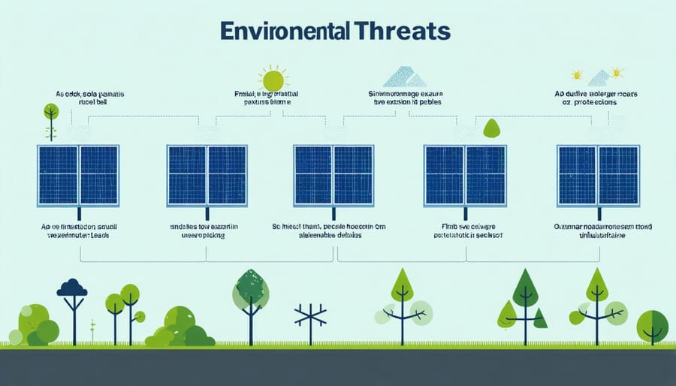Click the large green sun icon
pyautogui.click(x=273, y=80)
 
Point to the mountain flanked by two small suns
pyautogui.click(x=597, y=76)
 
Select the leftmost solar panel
pyautogui.click(x=78, y=175)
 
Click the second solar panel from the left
pyautogui.click(x=207, y=175)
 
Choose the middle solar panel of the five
pyautogui.click(x=333, y=175)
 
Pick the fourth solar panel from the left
pyautogui.click(x=464, y=175)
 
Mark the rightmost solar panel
pyautogui.click(x=598, y=175)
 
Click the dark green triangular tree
pyautogui.click(x=525, y=289)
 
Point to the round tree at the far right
pyautogui.click(x=652, y=324)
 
